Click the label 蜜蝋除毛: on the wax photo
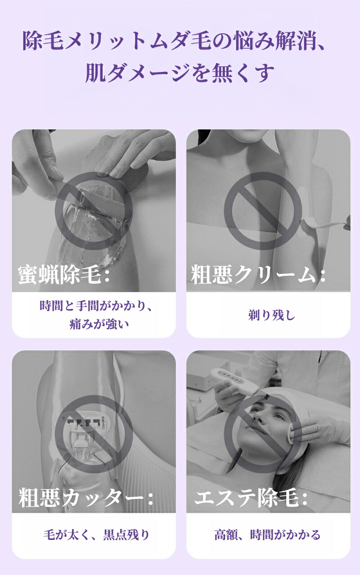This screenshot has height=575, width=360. (64, 274)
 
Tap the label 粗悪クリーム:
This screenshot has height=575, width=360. (258, 274)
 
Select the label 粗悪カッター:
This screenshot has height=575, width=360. (86, 498)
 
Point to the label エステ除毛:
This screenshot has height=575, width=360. (251, 498)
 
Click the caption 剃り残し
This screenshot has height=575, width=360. (272, 315)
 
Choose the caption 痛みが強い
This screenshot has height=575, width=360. (99, 324)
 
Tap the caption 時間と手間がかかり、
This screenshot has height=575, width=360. (96, 306)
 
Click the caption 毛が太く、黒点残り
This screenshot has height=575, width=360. (96, 535)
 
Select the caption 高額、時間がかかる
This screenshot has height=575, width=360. (268, 535)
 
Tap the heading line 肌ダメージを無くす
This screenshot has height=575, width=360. (180, 73)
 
